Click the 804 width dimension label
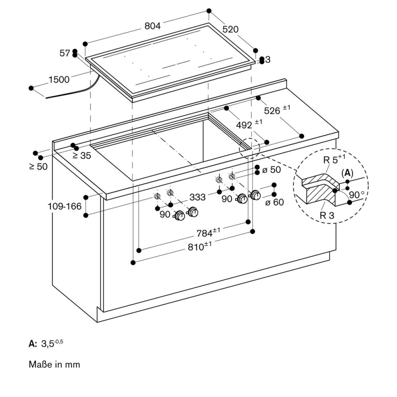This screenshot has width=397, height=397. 152,26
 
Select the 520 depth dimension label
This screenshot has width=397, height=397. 230,29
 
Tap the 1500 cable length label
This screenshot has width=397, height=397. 59,79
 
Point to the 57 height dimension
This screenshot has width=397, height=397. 65,53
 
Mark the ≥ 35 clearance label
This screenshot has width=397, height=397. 82,156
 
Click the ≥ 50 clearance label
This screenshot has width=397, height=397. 39,166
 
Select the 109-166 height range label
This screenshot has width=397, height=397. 65,206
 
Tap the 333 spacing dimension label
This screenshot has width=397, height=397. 197,197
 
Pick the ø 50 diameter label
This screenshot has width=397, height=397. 272,170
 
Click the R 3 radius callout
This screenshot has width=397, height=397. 327,215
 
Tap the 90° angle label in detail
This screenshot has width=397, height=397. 357,195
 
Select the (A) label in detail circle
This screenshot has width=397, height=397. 347,173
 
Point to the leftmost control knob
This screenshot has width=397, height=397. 179,216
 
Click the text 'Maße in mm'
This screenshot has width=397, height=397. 54,364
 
